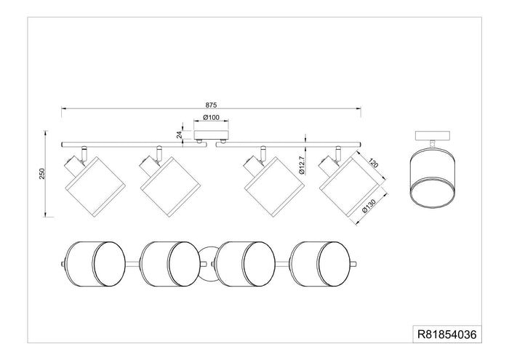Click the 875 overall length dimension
pyautogui.click(x=211, y=105)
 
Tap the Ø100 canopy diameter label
pyautogui.click(x=211, y=118)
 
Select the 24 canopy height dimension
pyautogui.click(x=179, y=135)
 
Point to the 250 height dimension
pyautogui.click(x=42, y=174)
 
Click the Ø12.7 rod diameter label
pyautogui.click(x=302, y=165)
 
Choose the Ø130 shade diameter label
pyautogui.click(x=369, y=206)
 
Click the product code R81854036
pyautogui.click(x=447, y=334)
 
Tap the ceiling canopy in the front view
pyautogui.click(x=211, y=135)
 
